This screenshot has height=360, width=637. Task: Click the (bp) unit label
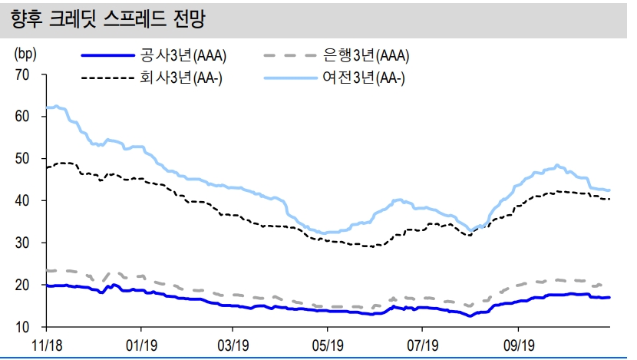[25, 54]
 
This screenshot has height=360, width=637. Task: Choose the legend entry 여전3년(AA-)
[365, 78]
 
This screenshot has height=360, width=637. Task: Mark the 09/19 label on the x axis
[517, 345]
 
